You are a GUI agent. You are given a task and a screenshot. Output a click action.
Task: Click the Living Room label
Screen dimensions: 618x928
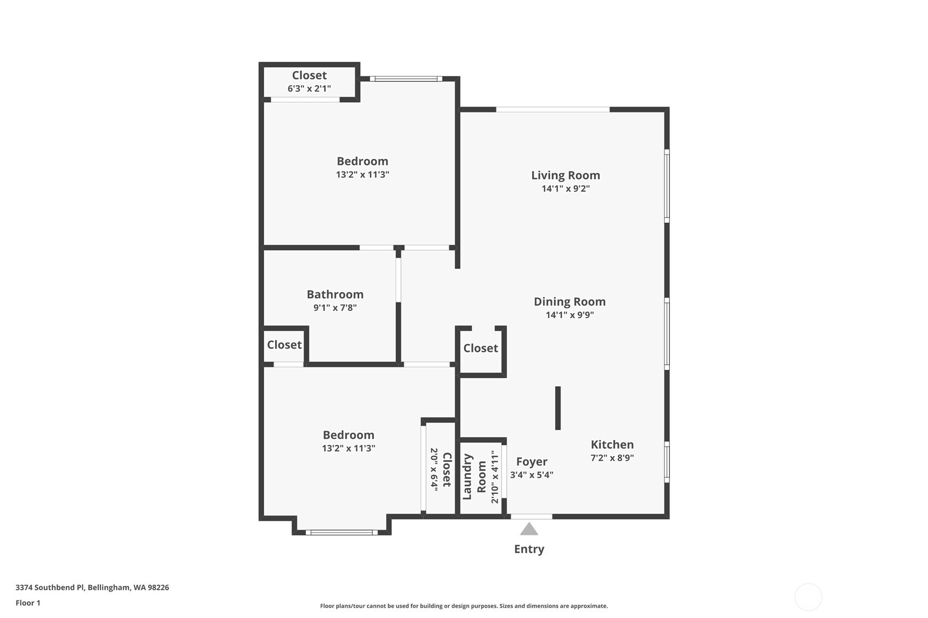coord(565,175)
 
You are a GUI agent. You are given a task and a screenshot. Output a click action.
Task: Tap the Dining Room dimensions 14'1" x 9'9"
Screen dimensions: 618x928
coord(569,315)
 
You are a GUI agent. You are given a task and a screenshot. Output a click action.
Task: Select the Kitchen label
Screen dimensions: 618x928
coord(612,445)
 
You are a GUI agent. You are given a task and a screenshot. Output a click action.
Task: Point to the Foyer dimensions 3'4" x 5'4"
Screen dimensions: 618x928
coord(532,475)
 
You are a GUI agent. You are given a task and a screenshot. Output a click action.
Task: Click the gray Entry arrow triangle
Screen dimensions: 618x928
coord(529,529)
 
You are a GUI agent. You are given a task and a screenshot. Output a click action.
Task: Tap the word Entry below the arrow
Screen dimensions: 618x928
coord(529,549)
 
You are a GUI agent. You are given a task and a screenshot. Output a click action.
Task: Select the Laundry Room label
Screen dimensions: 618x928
coord(474,476)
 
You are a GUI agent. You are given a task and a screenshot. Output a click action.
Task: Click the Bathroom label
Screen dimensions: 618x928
coord(335,295)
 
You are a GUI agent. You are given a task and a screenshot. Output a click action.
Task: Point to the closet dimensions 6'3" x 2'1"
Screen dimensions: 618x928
coord(309,89)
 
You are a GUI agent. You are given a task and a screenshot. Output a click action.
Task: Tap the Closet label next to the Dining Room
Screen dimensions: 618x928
coord(480,348)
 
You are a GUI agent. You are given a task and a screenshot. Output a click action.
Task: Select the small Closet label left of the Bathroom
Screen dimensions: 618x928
coord(284,345)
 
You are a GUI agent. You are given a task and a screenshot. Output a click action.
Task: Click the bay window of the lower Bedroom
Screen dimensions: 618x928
coord(341,532)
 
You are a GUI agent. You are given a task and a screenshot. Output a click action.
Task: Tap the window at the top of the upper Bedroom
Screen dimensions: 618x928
coord(405,79)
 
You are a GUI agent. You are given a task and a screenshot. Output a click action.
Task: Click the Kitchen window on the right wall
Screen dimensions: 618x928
coord(667,462)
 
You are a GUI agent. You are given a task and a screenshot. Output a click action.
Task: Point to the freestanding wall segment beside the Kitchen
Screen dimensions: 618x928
coord(558,408)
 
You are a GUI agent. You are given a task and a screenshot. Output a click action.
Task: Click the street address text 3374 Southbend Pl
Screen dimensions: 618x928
coord(92,587)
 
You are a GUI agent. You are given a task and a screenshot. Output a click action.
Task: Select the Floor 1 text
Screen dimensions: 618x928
coord(28,603)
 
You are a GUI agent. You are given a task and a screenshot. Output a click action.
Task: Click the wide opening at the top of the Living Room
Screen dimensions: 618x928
coord(552,110)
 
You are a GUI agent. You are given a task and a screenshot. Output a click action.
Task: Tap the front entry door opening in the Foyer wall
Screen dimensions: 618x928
coord(531,516)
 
